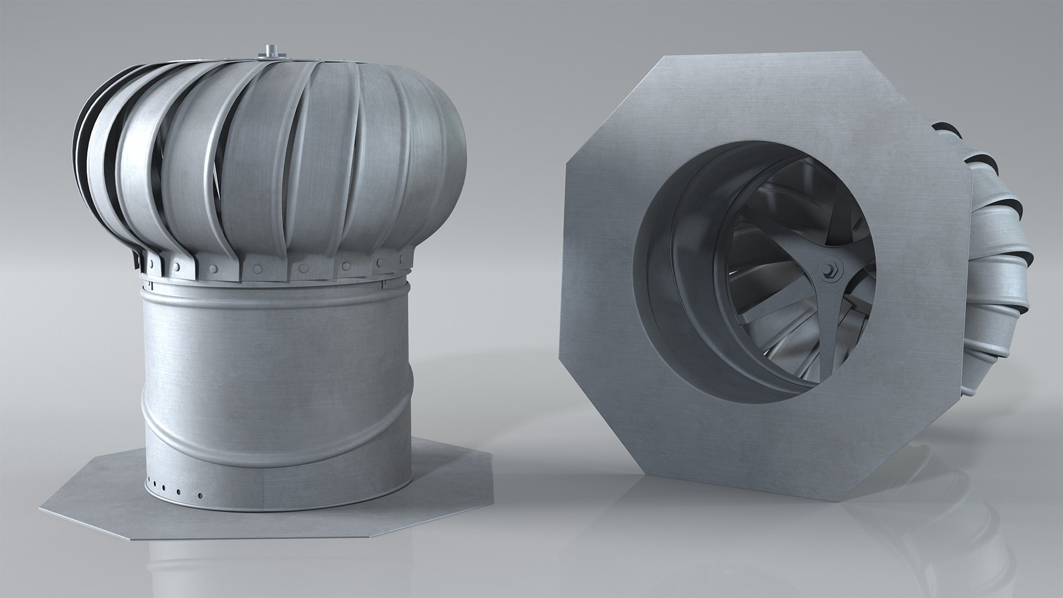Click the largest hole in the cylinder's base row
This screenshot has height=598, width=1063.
pyautogui.click(x=200, y=494)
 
